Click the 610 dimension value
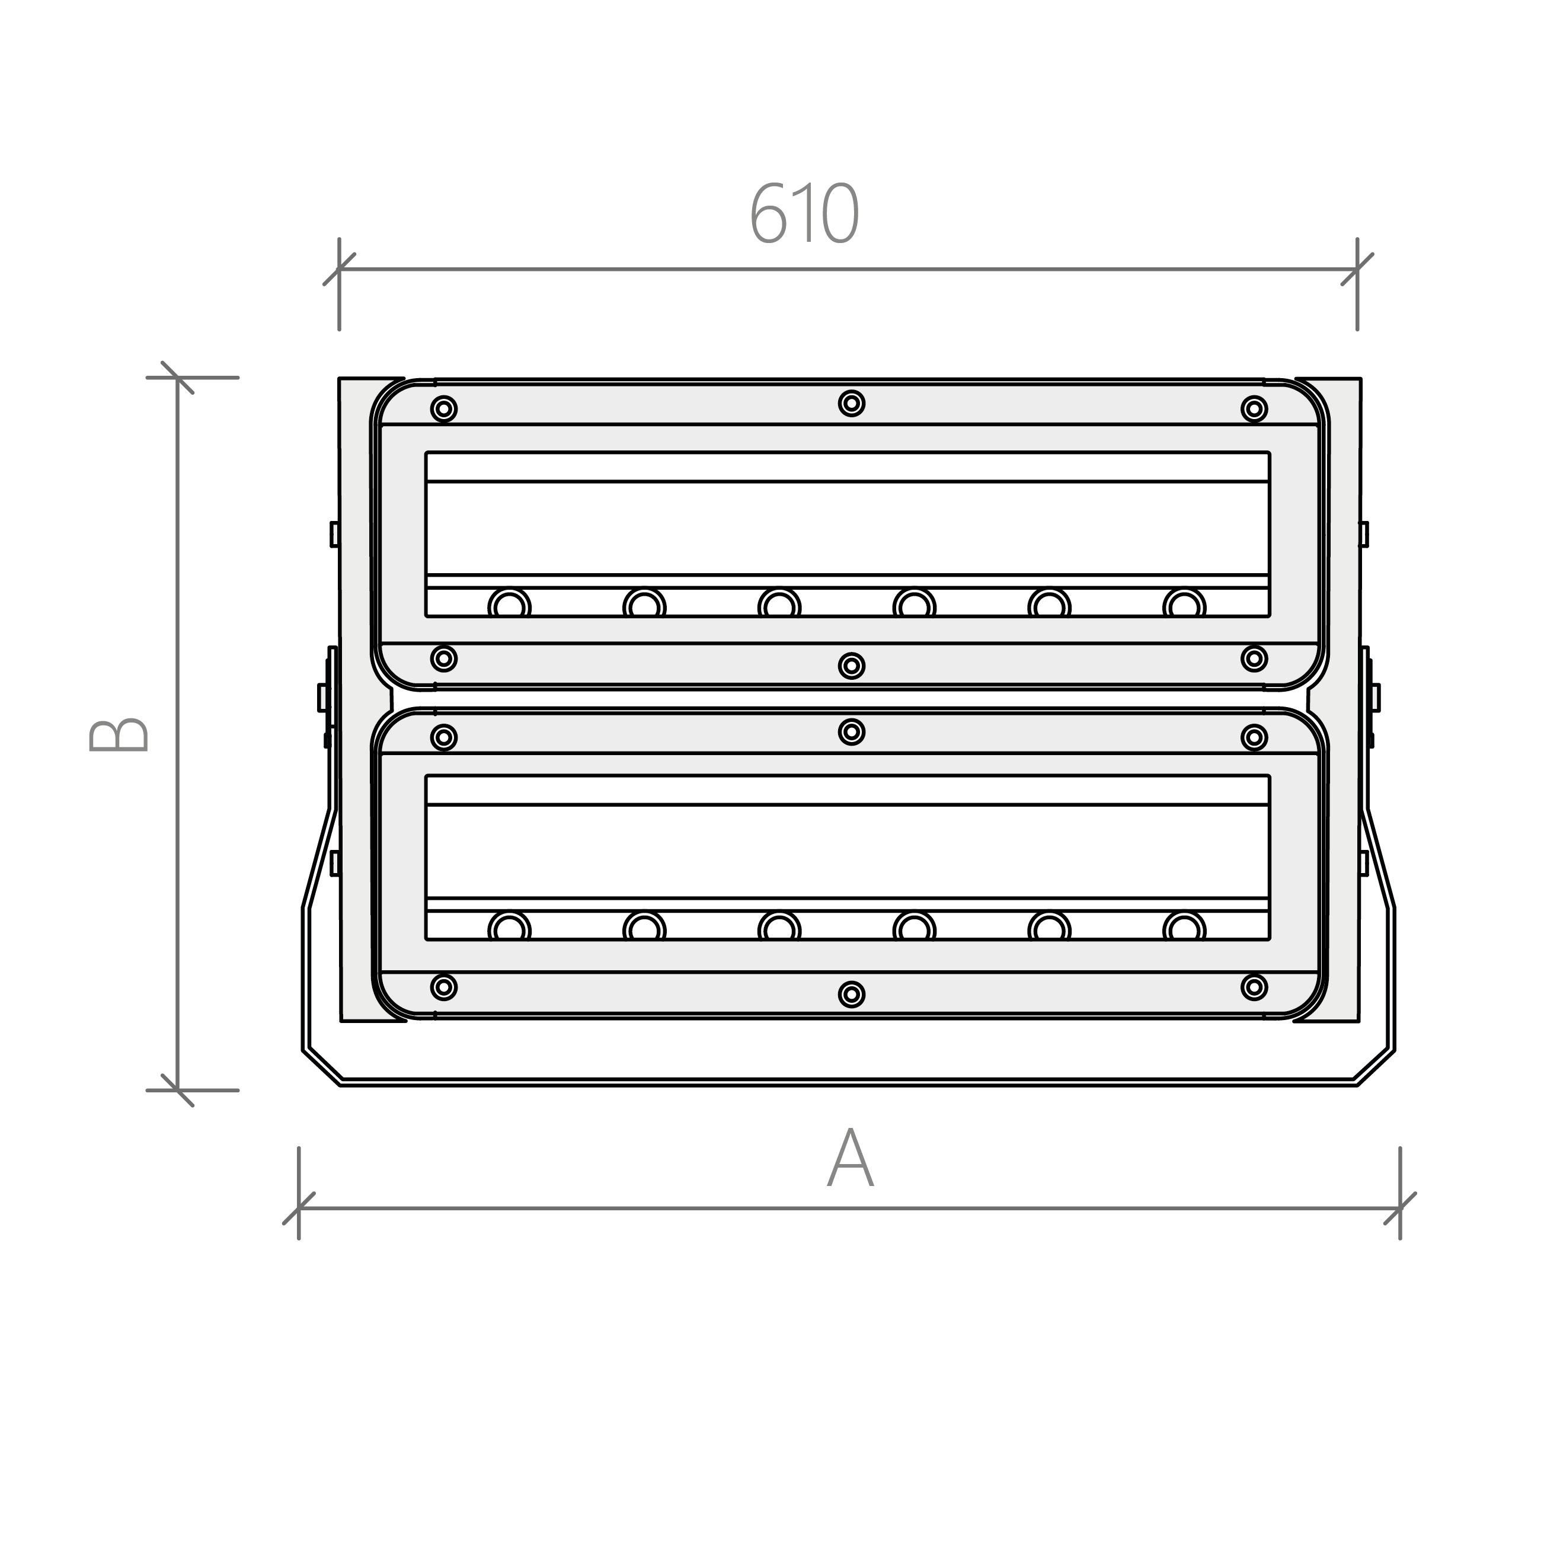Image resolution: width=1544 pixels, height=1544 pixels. (804, 213)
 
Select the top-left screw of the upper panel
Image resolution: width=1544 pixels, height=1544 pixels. (443, 409)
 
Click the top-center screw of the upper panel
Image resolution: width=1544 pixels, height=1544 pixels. (852, 404)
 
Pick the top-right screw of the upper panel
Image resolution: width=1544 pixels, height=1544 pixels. (1255, 409)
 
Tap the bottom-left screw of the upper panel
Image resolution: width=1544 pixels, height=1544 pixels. (443, 658)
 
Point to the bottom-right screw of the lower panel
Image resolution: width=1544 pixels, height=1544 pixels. (1255, 987)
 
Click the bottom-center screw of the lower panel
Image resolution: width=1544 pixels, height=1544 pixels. (852, 994)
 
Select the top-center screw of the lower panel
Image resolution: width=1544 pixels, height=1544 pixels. (852, 732)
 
